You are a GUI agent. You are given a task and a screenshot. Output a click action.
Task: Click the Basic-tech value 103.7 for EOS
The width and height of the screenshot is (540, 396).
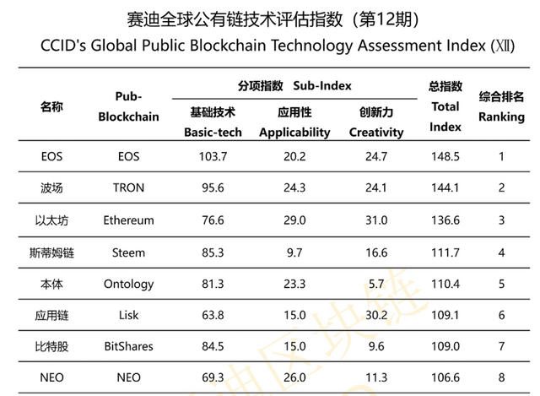tap(213, 156)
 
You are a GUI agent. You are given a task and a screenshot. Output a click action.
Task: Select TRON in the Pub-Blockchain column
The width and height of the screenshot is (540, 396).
tap(128, 188)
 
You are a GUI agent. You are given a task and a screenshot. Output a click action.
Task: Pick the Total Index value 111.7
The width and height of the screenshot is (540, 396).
tap(445, 252)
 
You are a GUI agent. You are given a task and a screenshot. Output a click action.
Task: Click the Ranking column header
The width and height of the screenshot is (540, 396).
tap(501, 107)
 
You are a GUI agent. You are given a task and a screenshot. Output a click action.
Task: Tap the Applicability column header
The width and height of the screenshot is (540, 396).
tap(294, 122)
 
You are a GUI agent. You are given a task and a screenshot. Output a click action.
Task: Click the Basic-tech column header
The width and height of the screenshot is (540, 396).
tap(213, 122)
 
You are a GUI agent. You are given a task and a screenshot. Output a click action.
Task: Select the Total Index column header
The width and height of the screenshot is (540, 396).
tap(445, 107)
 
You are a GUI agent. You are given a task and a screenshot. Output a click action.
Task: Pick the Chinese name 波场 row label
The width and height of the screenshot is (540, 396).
tap(51, 188)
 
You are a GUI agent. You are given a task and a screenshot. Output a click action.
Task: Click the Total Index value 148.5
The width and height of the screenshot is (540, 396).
tap(445, 156)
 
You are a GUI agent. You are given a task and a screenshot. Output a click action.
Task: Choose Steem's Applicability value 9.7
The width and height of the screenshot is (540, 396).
tap(294, 252)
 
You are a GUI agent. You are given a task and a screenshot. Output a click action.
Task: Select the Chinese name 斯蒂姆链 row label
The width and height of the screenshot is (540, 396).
tap(51, 252)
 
